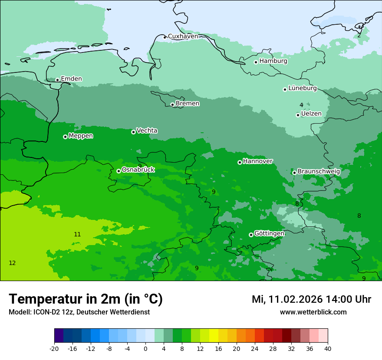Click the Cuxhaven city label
tap(183, 36)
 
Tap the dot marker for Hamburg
tap(256, 62)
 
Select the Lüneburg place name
tap(303, 88)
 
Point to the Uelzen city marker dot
tap(298, 115)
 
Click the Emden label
tap(71, 79)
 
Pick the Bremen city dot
tap(172, 105)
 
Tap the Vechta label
tap(147, 131)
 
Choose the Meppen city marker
tap(65, 137)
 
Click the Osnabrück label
tap(138, 170)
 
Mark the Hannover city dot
tap(240, 162)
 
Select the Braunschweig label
tap(319, 171)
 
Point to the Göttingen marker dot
tap(251, 235)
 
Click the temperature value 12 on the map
tap(12, 263)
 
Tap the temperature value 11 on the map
tap(77, 234)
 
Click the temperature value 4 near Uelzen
tap(301, 105)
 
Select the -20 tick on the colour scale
tap(54, 348)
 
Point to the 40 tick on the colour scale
tap(327, 348)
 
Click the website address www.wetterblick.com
tap(313, 312)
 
